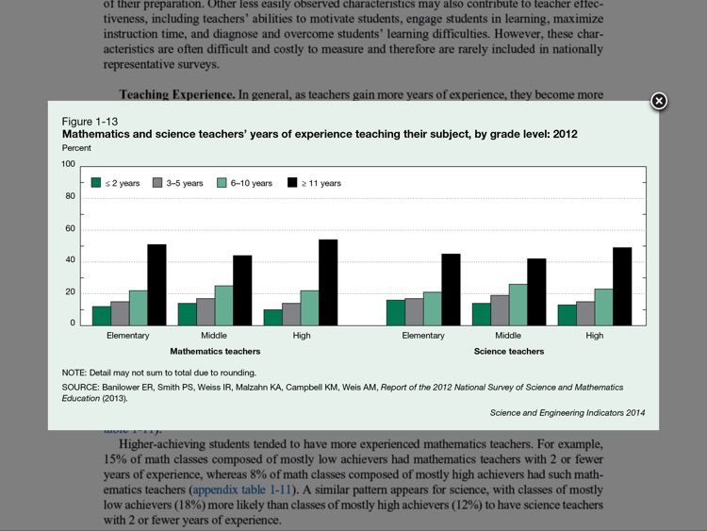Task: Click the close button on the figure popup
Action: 659,101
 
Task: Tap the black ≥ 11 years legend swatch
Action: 292,183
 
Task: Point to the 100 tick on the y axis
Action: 68,164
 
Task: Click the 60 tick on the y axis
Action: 70,229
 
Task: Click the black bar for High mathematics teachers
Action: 328,282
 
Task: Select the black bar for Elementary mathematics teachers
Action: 156,285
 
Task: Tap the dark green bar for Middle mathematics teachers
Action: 188,314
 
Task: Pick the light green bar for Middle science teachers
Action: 518,305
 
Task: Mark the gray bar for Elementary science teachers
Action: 414,311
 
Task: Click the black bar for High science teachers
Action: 622,286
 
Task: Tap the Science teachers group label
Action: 508,352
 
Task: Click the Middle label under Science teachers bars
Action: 508,335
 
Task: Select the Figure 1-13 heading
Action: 90,122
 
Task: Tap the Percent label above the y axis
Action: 76,148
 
